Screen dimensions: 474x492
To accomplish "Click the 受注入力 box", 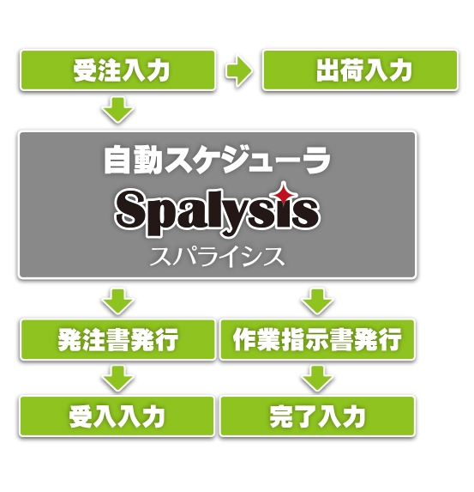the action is (117, 70).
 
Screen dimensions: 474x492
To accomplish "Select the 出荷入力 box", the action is (360, 70).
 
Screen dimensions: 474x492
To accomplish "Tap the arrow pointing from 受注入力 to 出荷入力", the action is (239, 71).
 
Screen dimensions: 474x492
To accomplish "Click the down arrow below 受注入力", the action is (117, 110).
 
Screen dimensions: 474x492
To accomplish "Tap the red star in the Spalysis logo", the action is (284, 193).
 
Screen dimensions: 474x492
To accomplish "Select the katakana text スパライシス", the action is (217, 257).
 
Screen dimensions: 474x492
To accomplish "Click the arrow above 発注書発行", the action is (117, 301).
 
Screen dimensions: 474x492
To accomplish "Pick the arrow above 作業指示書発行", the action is (317, 301).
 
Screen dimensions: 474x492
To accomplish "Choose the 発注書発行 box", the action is (117, 339).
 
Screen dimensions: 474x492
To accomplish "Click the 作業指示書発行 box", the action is (317, 339).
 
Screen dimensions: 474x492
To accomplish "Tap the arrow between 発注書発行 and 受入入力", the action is (117, 378).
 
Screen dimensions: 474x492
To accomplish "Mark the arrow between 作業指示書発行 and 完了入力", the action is (317, 378).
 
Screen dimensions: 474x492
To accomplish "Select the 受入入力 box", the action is (117, 416).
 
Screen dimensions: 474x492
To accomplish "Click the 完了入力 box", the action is (317, 416).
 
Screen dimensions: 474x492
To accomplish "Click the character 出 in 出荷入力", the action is (327, 70).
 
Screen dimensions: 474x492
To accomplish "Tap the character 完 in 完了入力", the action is (281, 416).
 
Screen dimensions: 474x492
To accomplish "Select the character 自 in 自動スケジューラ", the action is (117, 160).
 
